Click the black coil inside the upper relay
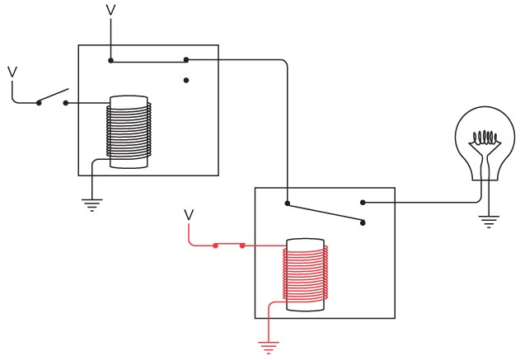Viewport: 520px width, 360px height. [129, 132]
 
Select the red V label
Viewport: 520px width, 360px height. [189, 215]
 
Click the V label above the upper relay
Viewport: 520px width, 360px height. [111, 10]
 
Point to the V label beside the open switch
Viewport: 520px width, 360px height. [12, 72]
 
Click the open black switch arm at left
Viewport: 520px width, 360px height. [52, 96]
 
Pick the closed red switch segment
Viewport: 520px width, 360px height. [228, 245]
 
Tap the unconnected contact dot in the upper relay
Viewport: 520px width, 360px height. [187, 80]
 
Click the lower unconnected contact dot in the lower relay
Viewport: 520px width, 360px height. [363, 221]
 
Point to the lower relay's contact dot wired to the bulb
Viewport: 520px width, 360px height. [363, 202]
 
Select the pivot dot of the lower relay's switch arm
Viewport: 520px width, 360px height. [287, 203]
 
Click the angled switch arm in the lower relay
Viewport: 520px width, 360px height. [325, 212]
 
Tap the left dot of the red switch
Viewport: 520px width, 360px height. [215, 245]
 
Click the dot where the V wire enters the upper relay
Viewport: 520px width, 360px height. [111, 59]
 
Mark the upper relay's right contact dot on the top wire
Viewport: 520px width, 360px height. [186, 59]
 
